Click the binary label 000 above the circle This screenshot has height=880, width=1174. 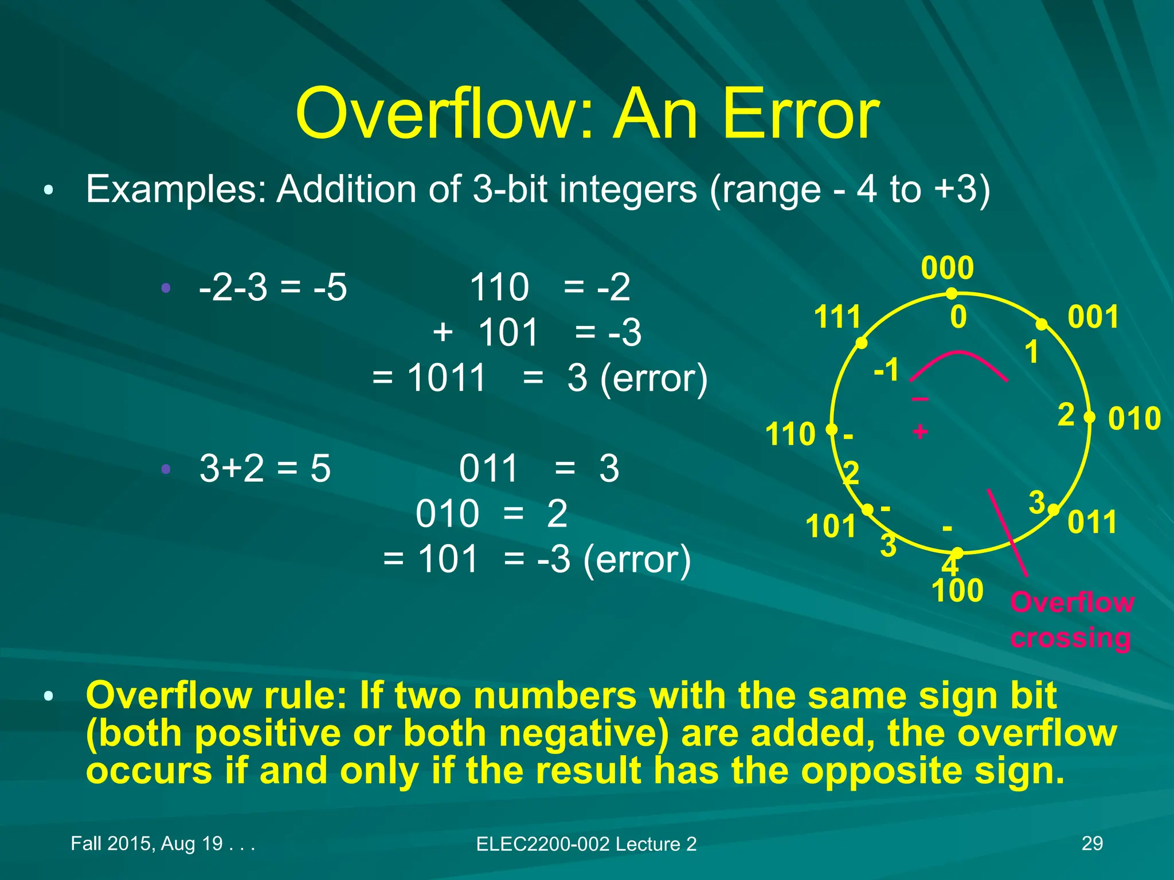(x=947, y=268)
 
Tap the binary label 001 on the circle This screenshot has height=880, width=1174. (x=1093, y=317)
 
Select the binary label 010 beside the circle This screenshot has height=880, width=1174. (x=1134, y=419)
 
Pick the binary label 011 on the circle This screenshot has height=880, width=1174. (x=1093, y=522)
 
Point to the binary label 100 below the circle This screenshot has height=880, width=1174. (x=957, y=591)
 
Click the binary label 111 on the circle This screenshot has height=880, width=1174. (x=838, y=317)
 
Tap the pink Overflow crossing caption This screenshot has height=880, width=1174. (x=1071, y=620)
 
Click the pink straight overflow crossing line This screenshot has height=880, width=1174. (x=1008, y=533)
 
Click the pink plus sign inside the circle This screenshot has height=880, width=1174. (x=920, y=431)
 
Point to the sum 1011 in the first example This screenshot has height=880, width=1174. (x=447, y=378)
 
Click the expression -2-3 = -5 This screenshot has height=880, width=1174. (x=273, y=288)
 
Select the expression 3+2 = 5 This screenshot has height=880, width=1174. (x=265, y=469)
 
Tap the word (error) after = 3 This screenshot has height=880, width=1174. (x=654, y=379)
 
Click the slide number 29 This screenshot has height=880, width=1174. (x=1092, y=843)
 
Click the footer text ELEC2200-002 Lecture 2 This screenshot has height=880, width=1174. (x=586, y=844)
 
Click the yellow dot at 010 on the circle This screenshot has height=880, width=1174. (x=1089, y=417)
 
